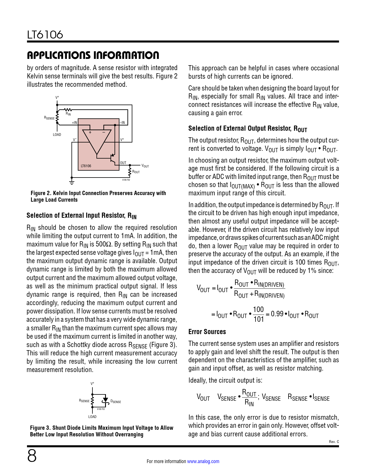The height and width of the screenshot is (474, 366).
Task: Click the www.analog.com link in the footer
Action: pyautogui.click(x=203, y=461)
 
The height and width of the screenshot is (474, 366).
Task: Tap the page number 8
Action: pyautogui.click(x=32, y=456)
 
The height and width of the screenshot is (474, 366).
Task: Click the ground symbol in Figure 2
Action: pyautogui.click(x=72, y=182)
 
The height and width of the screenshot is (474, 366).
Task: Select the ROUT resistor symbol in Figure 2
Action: pyautogui.click(x=130, y=172)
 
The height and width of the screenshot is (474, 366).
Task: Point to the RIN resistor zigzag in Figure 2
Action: pyautogui.click(x=68, y=109)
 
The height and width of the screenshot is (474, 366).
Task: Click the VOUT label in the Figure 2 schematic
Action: pyautogui.click(x=145, y=166)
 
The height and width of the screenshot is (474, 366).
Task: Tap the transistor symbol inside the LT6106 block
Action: pyautogui.click(x=112, y=157)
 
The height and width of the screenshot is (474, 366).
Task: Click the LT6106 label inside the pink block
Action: pyautogui.click(x=86, y=166)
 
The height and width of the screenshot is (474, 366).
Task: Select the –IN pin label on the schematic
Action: pyautogui.click(x=122, y=123)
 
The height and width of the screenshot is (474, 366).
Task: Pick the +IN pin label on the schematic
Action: pyautogui.click(x=74, y=123)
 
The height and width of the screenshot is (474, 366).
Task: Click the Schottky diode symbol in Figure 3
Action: pyautogui.click(x=106, y=401)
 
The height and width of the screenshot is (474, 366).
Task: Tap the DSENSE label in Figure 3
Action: pyautogui.click(x=116, y=401)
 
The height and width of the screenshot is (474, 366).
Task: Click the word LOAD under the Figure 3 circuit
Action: pyautogui.click(x=92, y=417)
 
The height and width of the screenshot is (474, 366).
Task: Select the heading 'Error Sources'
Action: pyautogui.click(x=207, y=332)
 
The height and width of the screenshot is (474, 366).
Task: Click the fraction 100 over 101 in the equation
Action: pyautogui.click(x=258, y=314)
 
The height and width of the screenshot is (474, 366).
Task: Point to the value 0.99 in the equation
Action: pyautogui.click(x=277, y=314)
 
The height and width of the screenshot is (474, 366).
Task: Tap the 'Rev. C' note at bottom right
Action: pyautogui.click(x=334, y=442)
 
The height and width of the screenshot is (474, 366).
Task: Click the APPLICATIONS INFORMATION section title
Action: pyautogui.click(x=93, y=55)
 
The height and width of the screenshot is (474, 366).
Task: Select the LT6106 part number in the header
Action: pyautogui.click(x=45, y=35)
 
